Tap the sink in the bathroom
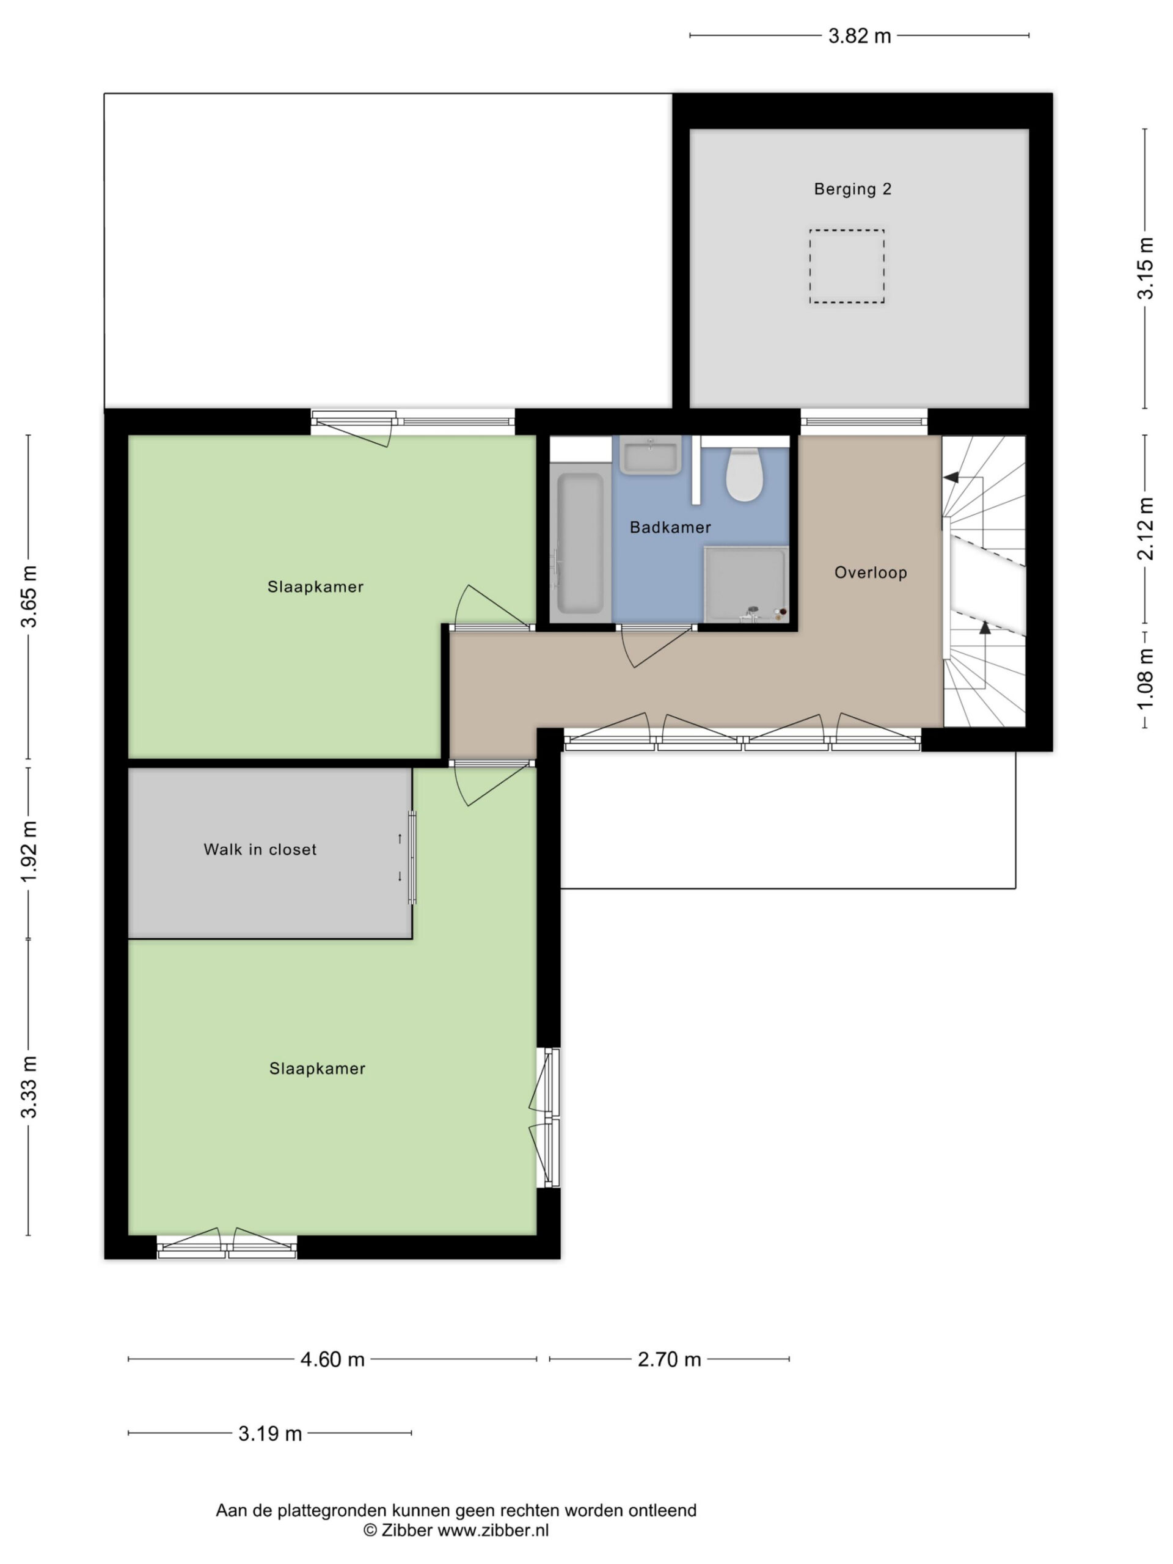650,455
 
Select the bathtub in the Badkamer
580,543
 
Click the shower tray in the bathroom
746,584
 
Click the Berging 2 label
852,189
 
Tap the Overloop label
871,572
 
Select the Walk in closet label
260,849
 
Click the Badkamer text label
670,527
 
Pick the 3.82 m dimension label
859,36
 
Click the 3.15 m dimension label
1145,269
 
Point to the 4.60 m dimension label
332,1359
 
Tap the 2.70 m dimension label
669,1359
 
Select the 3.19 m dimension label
270,1433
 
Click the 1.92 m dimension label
28,852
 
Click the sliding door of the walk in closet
412,857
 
